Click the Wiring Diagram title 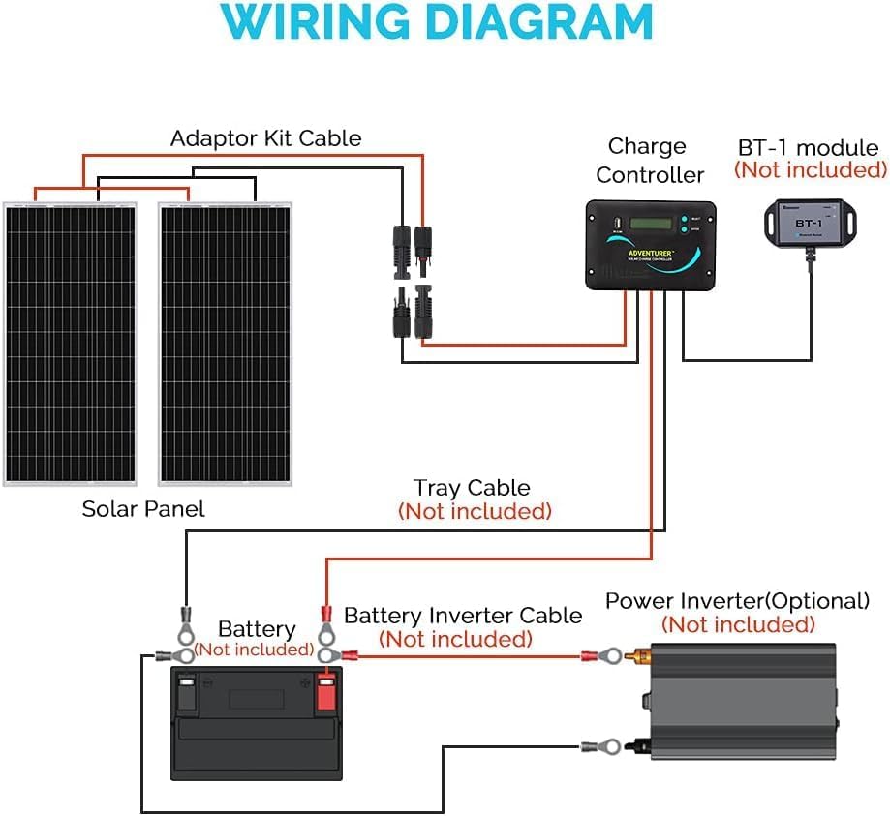(x=445, y=24)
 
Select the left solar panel (x=70, y=344)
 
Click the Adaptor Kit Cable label (x=265, y=138)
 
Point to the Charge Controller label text (x=649, y=161)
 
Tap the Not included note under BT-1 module (x=810, y=170)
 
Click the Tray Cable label (x=472, y=488)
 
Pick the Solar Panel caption (x=143, y=508)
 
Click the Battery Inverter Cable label (x=463, y=616)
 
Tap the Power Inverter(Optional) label (x=737, y=601)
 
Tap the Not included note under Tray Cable (x=475, y=511)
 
